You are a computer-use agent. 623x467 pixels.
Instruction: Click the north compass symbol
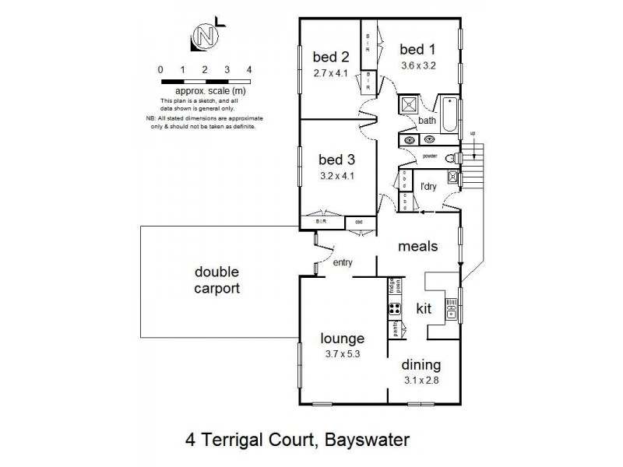[x=205, y=37]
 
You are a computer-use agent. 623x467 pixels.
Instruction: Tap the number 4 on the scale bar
[x=249, y=70]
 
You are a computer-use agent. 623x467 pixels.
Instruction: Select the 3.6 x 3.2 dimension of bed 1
[x=418, y=65]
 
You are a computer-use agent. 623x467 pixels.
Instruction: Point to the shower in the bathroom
[x=407, y=106]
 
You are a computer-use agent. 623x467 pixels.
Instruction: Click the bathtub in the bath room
[x=450, y=115]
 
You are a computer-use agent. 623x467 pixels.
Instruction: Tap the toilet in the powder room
[x=452, y=157]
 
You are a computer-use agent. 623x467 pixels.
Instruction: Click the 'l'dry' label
[x=428, y=188]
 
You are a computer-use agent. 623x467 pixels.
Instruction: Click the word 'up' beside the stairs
[x=472, y=135]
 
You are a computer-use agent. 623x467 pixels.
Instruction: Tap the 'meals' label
[x=418, y=246]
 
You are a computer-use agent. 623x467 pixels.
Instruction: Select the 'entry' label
[x=343, y=263]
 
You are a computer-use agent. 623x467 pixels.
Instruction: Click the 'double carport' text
[x=217, y=280]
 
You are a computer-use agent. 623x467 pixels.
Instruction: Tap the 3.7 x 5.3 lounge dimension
[x=342, y=354]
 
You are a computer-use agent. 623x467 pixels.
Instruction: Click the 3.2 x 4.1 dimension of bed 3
[x=336, y=175]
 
